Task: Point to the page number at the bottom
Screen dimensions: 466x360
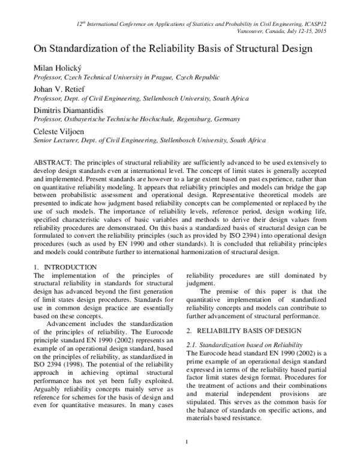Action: pyautogui.click(x=188, y=459)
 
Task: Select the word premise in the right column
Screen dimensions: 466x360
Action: pyautogui.click(x=233, y=292)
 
